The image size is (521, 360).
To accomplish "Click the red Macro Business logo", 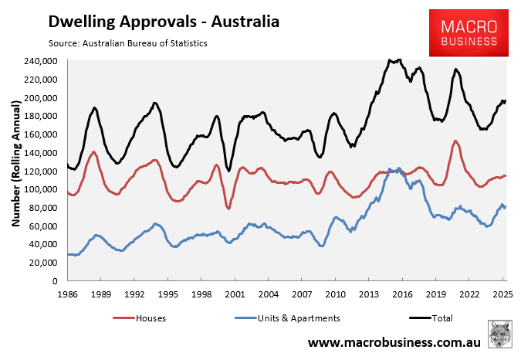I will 469,33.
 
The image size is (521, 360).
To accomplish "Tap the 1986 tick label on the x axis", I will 67,294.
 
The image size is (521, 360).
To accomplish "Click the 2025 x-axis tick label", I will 503,294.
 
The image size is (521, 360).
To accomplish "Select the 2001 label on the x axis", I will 235,294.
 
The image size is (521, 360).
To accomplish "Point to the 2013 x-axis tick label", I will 369,294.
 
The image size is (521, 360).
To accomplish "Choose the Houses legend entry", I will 142,318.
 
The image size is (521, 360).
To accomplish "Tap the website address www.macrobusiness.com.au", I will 394,341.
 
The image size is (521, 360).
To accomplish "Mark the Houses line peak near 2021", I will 455,141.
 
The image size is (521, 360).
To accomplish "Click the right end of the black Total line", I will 505,101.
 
